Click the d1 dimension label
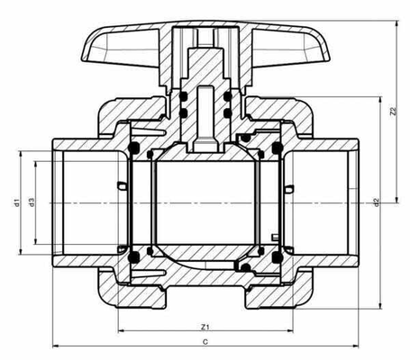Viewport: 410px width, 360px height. pos(16,202)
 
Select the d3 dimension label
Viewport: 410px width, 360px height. pos(31,202)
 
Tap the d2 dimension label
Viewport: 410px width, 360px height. pos(378,201)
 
